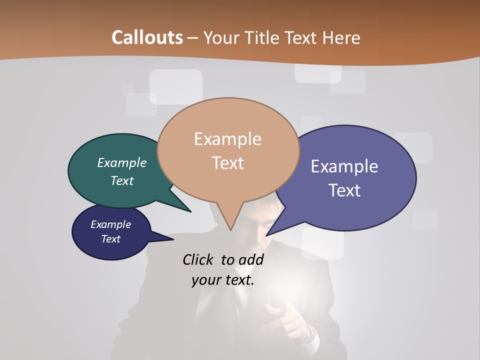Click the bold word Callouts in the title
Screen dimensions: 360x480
(147, 37)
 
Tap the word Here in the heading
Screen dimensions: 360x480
(341, 37)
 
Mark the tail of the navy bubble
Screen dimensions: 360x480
(167, 239)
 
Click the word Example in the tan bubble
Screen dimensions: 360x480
(227, 139)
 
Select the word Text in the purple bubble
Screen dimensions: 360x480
(345, 190)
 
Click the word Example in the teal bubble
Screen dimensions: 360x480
(121, 162)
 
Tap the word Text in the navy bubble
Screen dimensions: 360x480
(110, 239)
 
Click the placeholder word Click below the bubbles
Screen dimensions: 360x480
(198, 259)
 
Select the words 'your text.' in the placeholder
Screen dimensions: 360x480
(222, 280)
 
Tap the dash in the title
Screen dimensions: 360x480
(193, 37)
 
